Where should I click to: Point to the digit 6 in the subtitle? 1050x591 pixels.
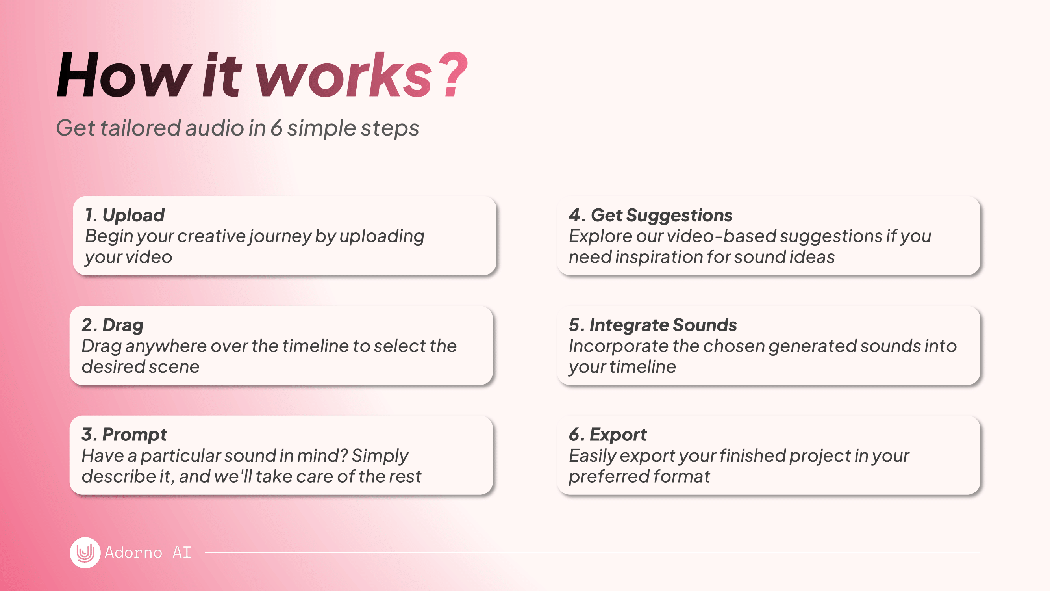point(276,127)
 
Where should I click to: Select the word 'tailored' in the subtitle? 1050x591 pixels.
point(141,127)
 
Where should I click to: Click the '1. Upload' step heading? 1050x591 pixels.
point(125,215)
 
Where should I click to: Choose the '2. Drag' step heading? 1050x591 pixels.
point(113,325)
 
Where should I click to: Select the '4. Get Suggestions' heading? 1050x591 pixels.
point(650,216)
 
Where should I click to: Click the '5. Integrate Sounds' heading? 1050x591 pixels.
point(653,325)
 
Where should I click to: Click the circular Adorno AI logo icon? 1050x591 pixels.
point(85,552)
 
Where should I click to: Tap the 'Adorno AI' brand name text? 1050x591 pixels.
point(148,552)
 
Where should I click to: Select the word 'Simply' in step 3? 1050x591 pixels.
point(380,456)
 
